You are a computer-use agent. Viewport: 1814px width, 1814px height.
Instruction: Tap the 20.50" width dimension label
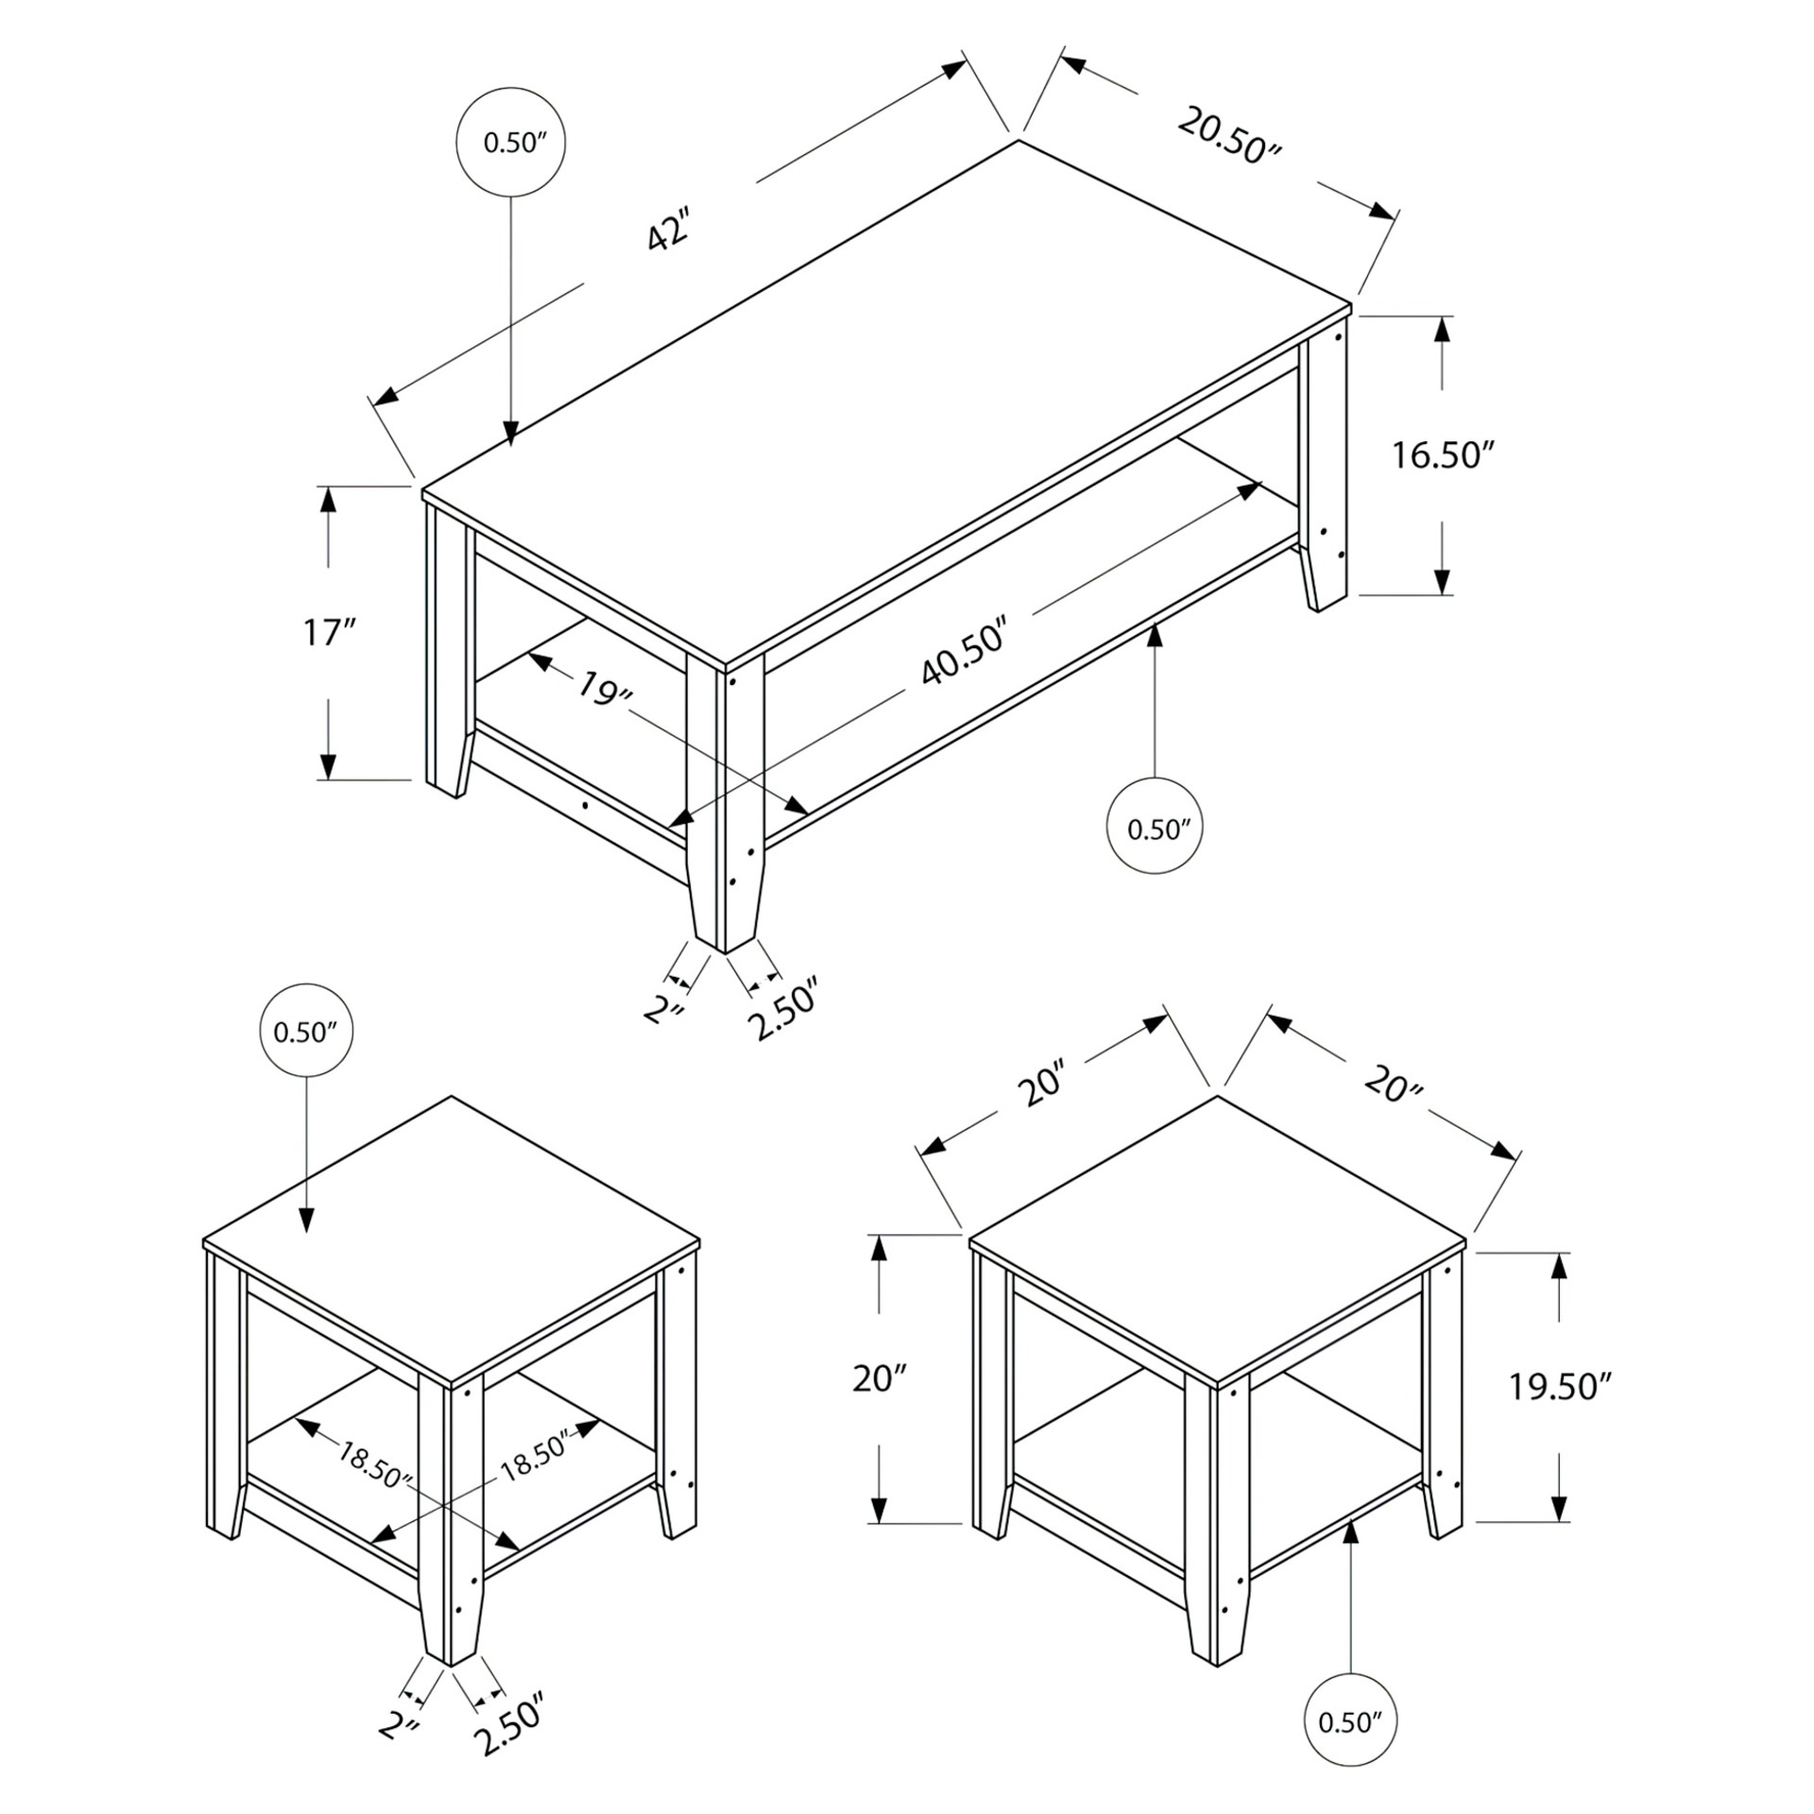click(1229, 137)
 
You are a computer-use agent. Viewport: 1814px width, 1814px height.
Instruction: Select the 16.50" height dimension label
click(1441, 455)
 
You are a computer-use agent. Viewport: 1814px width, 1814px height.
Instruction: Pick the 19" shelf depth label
click(605, 690)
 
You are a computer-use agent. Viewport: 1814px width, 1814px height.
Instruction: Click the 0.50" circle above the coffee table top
click(511, 143)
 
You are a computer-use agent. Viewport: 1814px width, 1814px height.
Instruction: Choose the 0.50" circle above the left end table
click(306, 1033)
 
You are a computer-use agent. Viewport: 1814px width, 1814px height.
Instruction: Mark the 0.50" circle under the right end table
click(1351, 1722)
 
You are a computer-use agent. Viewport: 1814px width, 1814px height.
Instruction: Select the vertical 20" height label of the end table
click(880, 1379)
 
